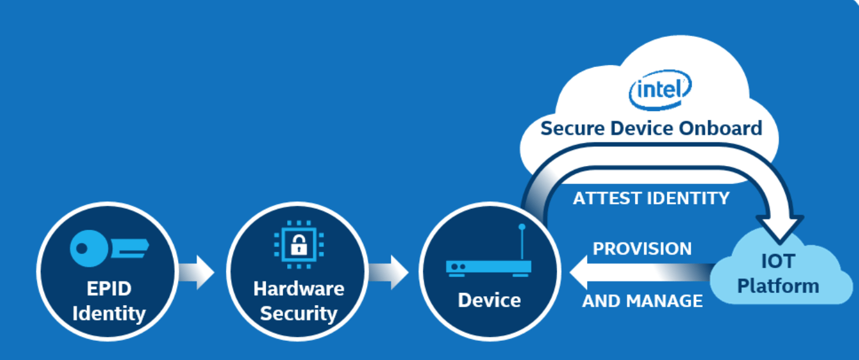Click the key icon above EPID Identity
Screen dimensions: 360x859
tap(108, 246)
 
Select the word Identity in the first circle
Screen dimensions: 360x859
tap(108, 314)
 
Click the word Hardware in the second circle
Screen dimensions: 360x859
tap(298, 289)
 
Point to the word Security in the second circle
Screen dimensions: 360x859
tap(298, 313)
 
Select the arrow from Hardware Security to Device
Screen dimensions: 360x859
tap(390, 273)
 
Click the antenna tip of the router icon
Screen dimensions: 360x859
tap(521, 227)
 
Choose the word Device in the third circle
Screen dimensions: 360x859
tap(489, 300)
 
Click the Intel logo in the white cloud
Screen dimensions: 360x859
tap(659, 90)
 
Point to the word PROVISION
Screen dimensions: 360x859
tap(642, 248)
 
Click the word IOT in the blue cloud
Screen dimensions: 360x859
tap(777, 262)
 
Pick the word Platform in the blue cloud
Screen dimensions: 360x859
tap(777, 285)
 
